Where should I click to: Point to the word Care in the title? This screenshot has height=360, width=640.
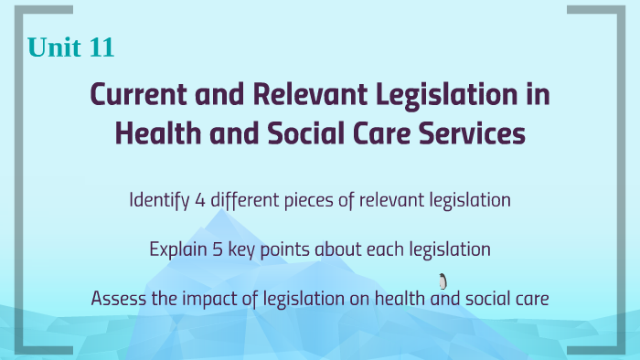376,132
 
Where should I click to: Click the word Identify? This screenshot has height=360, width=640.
158,200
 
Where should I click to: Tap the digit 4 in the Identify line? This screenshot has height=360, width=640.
200,200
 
